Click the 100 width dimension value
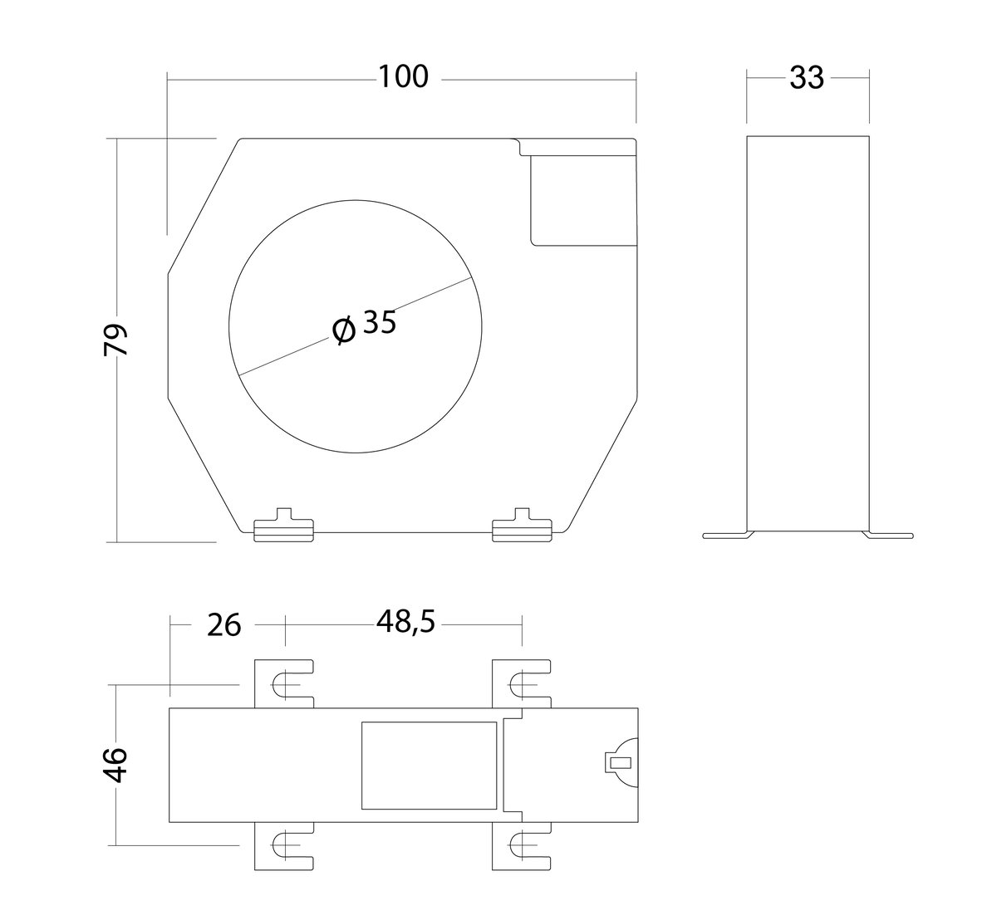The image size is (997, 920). click(x=403, y=76)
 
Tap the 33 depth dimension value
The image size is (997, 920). click(x=807, y=78)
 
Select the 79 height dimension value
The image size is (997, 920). click(x=116, y=340)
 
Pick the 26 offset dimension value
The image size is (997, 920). click(x=223, y=625)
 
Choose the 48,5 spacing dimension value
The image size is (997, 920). click(x=405, y=623)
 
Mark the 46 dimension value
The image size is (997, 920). click(x=115, y=765)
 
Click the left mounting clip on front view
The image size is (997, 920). click(x=284, y=526)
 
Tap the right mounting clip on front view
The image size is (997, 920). click(x=522, y=526)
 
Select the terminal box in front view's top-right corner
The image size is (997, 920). click(x=584, y=200)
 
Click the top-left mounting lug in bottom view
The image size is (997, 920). click(x=284, y=684)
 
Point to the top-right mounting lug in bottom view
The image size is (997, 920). click(x=522, y=684)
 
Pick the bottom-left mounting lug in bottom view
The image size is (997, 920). click(x=284, y=846)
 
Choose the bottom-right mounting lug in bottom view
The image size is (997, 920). click(x=522, y=846)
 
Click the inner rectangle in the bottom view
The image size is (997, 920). click(x=430, y=766)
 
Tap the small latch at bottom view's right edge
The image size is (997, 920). click(x=621, y=763)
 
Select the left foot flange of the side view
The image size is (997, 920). click(x=728, y=535)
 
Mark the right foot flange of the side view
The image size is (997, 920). click(x=887, y=535)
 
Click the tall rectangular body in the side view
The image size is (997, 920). click(x=808, y=333)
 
